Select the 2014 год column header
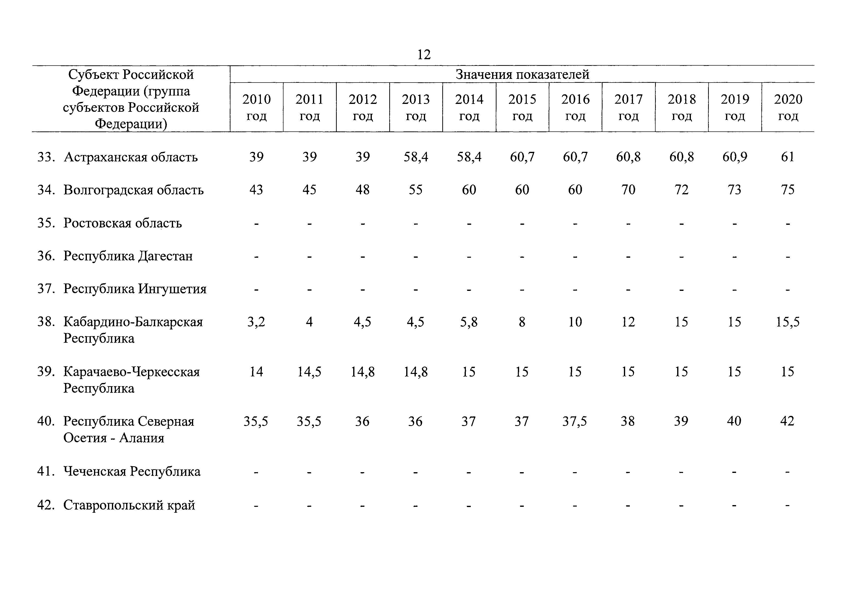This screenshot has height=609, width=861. (469, 107)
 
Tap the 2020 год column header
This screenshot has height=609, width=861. (788, 107)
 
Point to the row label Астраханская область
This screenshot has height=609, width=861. (131, 157)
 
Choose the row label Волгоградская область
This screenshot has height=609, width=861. (134, 190)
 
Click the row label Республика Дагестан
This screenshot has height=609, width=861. (128, 256)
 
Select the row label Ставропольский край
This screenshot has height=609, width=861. (129, 505)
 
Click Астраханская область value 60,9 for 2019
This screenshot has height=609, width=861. (735, 157)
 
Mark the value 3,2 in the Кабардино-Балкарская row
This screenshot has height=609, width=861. (256, 322)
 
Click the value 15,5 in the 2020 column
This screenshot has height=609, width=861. (788, 322)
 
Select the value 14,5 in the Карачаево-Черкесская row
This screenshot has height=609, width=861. (309, 372)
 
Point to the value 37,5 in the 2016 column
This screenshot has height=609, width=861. (575, 421)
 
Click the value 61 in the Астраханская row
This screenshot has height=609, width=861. (788, 157)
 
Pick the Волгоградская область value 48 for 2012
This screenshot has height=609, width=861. (362, 190)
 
